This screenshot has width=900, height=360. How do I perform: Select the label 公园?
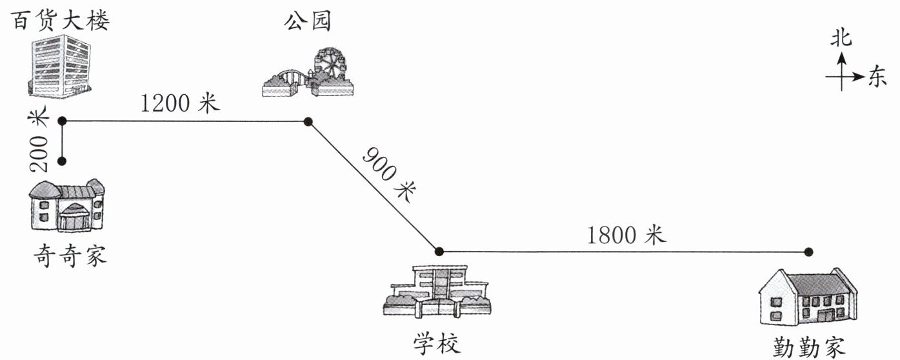click(308, 21)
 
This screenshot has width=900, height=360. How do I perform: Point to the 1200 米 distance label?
click(181, 103)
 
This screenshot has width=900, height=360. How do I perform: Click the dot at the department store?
click(63, 121)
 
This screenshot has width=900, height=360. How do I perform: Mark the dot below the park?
click(308, 121)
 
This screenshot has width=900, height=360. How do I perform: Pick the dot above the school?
click(439, 251)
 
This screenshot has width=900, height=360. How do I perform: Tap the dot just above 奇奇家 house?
click(63, 160)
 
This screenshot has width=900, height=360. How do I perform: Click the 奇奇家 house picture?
click(67, 206)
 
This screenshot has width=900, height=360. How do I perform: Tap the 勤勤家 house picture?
click(807, 297)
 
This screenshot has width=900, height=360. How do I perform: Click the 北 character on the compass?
click(841, 39)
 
